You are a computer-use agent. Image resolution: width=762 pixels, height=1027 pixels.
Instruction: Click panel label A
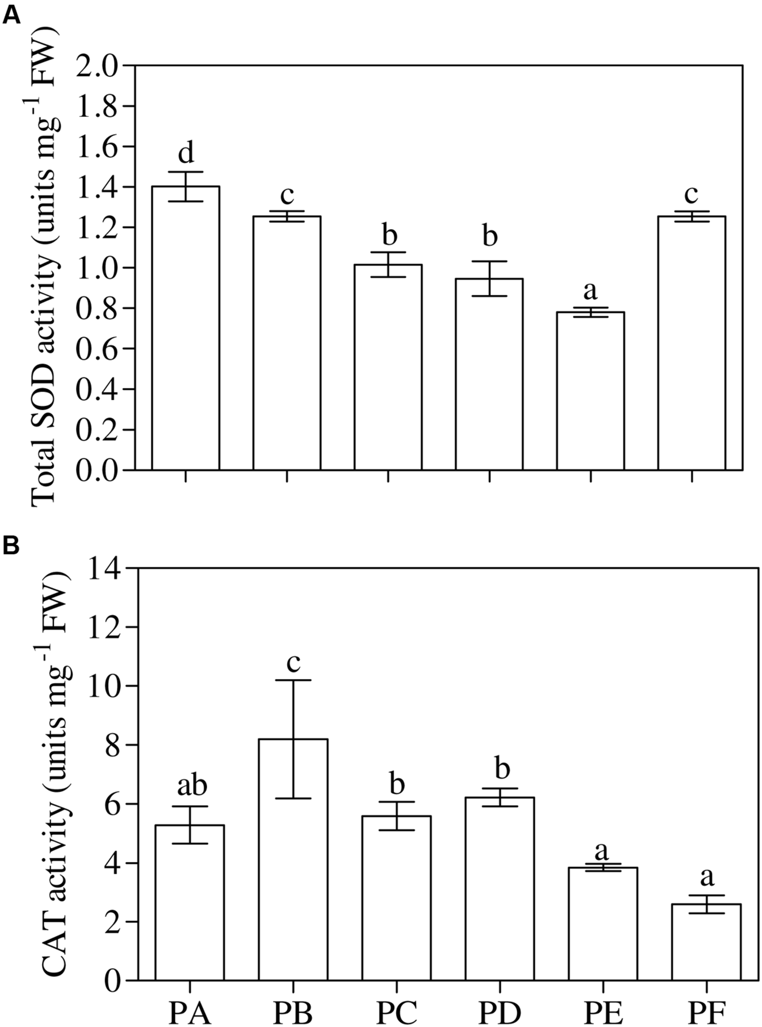click(11, 16)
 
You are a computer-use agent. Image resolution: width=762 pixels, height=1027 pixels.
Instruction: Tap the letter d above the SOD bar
click(186, 152)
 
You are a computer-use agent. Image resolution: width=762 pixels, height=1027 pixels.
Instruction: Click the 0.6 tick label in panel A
click(100, 349)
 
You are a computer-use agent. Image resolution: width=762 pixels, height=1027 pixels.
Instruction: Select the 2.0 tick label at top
click(100, 66)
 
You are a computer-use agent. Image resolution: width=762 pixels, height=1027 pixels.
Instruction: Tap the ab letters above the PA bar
click(193, 786)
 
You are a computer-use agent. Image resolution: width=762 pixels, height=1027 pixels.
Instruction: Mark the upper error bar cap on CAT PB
click(293, 680)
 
